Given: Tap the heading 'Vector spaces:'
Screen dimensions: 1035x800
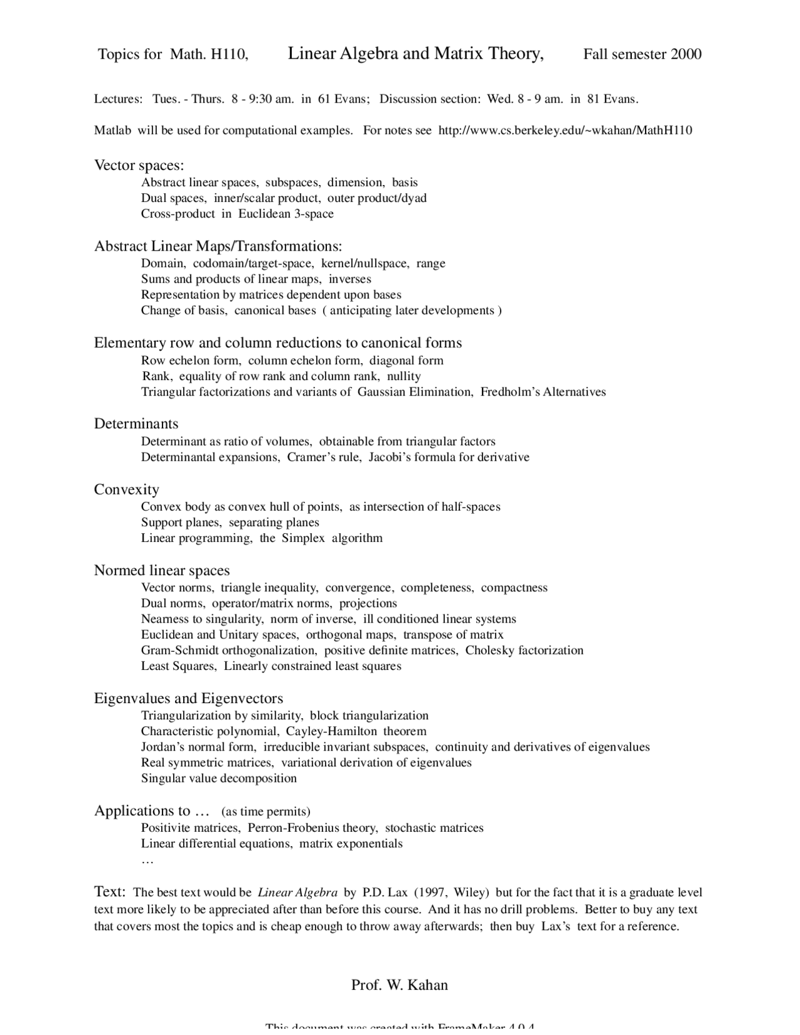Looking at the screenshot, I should tap(139, 166).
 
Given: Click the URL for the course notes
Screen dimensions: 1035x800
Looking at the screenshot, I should tap(565, 131).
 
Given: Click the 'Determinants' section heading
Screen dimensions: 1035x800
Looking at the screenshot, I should tap(136, 424).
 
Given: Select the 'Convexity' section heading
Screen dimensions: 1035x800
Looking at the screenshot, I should tap(126, 489).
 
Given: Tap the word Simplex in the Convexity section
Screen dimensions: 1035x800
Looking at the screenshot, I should tap(303, 538).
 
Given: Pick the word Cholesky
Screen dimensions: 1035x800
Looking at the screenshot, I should tap(490, 651).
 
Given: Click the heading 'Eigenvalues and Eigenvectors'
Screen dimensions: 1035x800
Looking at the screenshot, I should tap(188, 699).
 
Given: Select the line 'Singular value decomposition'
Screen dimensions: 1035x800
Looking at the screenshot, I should tap(219, 779).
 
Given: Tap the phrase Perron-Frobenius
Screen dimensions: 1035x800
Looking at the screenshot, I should tap(312, 828).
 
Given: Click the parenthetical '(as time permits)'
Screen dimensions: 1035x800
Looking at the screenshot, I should tap(266, 812).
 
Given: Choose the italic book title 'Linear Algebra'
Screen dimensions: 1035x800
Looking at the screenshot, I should tap(297, 893).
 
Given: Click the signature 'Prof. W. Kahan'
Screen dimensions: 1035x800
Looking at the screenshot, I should tap(399, 986).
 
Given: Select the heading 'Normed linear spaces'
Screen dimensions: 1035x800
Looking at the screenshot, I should tap(162, 571).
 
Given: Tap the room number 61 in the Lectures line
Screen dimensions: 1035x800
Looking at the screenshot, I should tap(324, 99).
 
